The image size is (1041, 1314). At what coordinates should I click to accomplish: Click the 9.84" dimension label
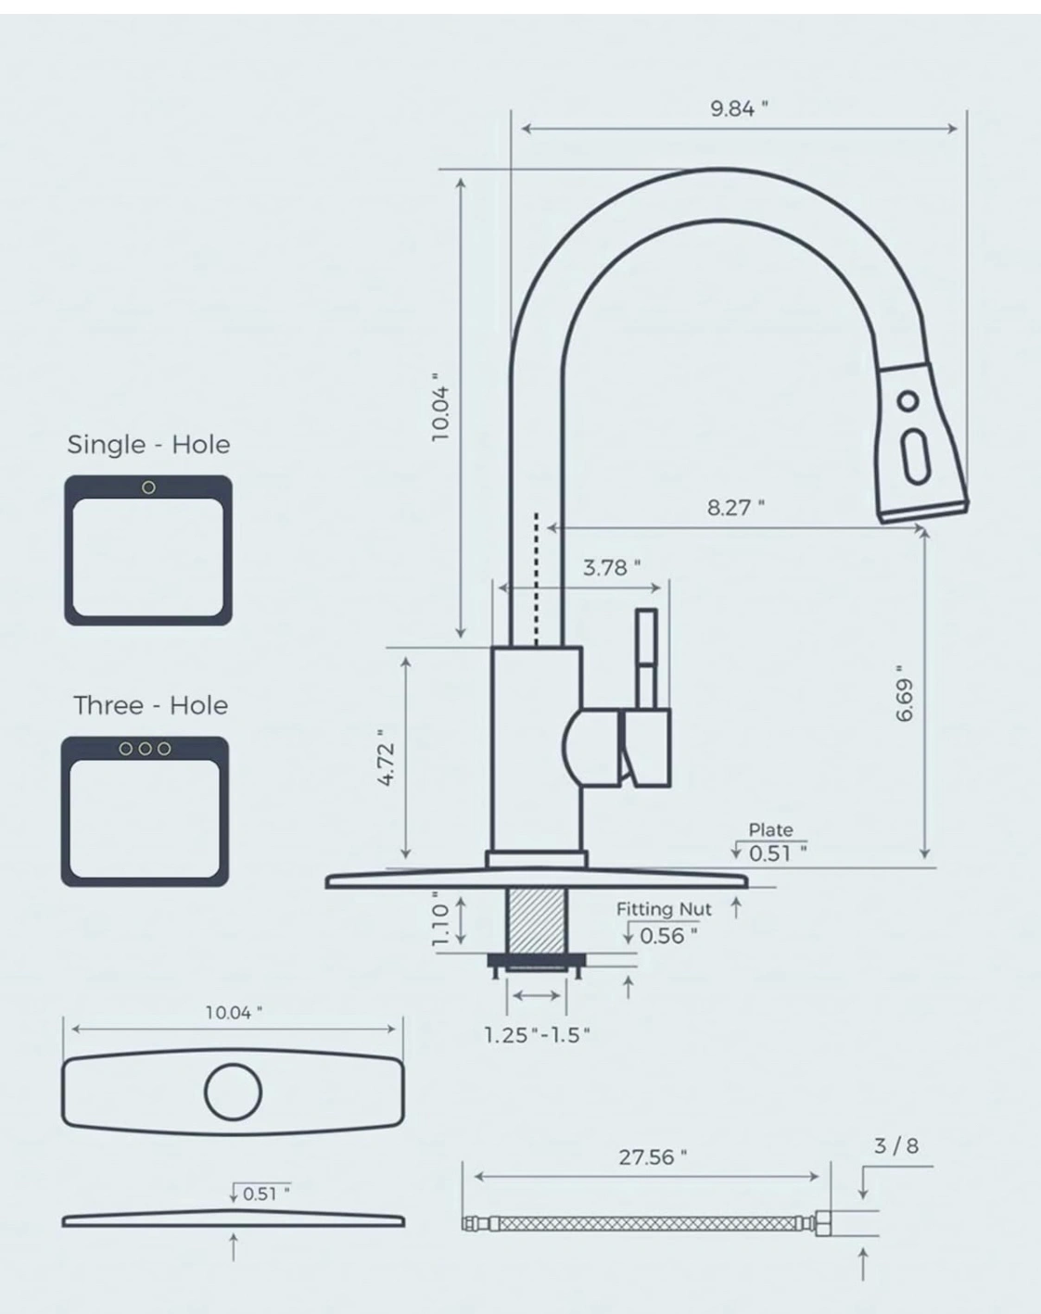(739, 108)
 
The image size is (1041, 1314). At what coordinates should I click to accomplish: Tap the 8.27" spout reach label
(735, 508)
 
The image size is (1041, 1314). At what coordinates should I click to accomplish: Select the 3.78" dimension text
(612, 568)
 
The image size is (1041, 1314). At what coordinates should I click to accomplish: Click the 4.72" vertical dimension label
(387, 757)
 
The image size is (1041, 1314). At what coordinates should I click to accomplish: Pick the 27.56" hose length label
(653, 1157)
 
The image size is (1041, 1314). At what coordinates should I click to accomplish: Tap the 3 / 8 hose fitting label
(896, 1146)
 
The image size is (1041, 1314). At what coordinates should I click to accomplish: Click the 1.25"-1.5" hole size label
(537, 1035)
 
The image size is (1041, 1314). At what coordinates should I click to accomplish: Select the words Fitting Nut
(664, 910)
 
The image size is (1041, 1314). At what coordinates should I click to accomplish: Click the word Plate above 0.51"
(771, 829)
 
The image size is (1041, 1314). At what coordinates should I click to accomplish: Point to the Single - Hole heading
(148, 445)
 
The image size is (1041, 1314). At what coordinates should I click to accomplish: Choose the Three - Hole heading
(151, 705)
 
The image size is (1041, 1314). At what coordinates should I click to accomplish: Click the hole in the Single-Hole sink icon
(148, 487)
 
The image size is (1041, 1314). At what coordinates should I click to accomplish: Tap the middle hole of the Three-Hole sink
(145, 749)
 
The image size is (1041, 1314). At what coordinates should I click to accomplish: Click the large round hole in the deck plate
(233, 1093)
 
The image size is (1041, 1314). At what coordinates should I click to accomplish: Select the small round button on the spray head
(908, 401)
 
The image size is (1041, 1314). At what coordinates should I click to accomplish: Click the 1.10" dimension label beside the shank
(440, 919)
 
